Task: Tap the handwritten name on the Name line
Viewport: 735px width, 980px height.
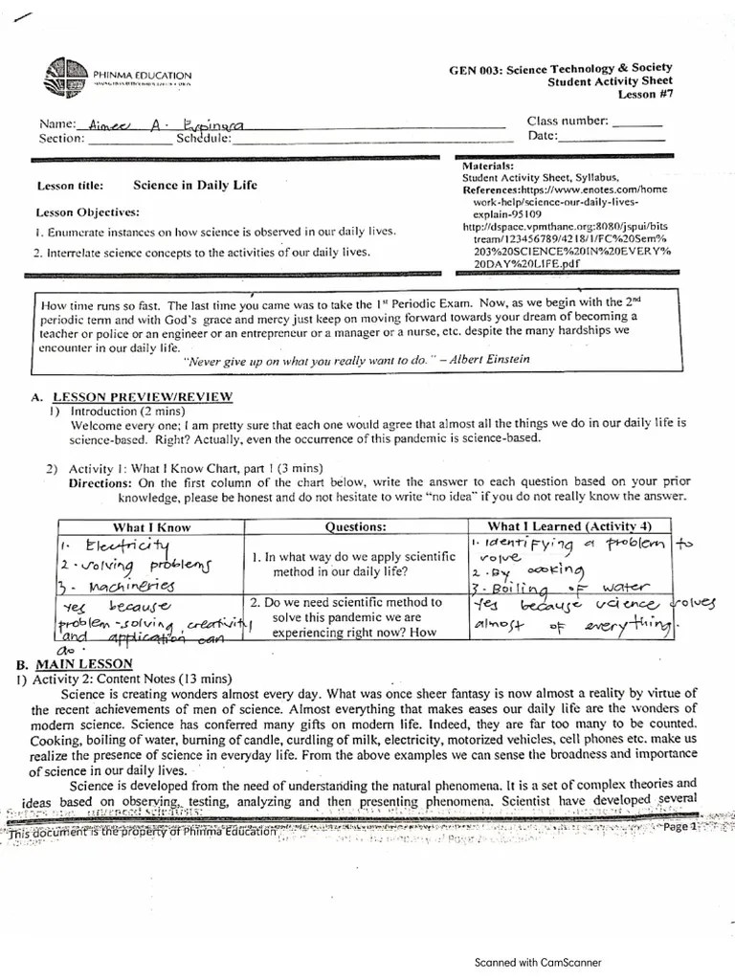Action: [168, 123]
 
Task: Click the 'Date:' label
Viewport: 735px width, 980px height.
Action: [542, 137]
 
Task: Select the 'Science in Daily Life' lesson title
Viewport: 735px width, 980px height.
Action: [194, 185]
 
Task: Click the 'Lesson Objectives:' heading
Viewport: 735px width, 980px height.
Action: [87, 212]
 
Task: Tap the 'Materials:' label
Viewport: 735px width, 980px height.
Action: [488, 166]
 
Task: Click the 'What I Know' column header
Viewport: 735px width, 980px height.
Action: [151, 526]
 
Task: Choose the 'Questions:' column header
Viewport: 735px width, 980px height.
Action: [356, 526]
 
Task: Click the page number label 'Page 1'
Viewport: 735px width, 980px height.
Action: [681, 826]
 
